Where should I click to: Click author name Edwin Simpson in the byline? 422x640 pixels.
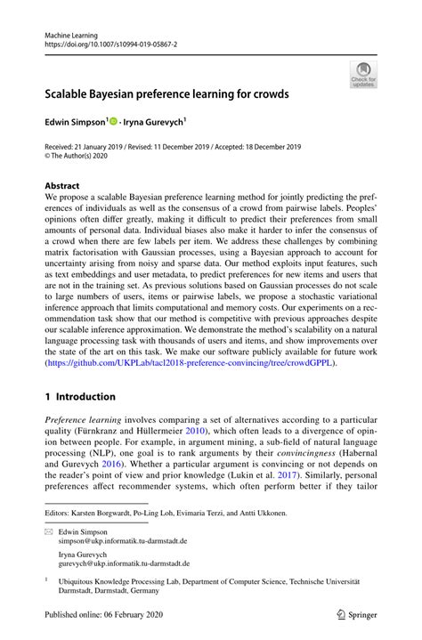76,119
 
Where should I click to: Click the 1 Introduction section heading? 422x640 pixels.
80,396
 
